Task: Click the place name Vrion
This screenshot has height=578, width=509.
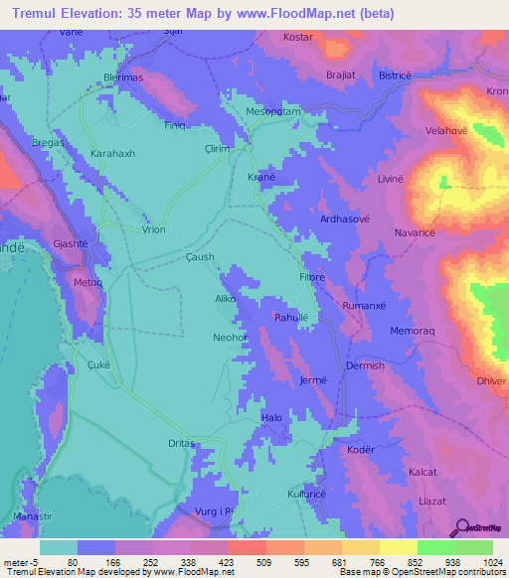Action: pos(153,228)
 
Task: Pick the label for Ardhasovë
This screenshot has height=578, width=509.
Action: pos(345,218)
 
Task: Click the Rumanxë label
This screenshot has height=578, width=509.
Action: pos(362,306)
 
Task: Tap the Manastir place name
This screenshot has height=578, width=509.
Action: pos(32,518)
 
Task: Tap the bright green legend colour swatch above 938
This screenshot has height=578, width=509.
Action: pos(435,547)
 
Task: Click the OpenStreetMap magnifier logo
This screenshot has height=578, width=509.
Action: pos(460,528)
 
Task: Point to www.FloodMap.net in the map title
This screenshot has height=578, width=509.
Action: pos(308,14)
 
